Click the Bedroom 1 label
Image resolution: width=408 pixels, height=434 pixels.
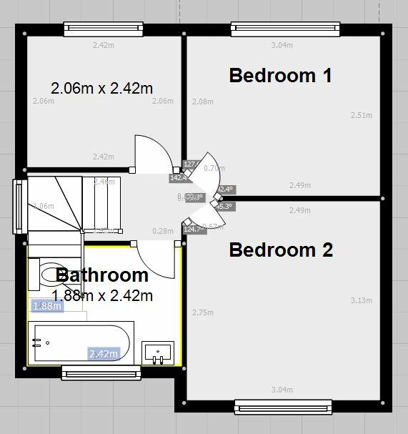[280, 75]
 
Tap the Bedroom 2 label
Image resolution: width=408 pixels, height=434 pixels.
[281, 250]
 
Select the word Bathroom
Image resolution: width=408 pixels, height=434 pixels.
[102, 275]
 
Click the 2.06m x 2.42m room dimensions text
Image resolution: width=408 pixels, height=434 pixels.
[102, 89]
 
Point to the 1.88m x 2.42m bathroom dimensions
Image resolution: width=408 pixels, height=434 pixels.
[102, 295]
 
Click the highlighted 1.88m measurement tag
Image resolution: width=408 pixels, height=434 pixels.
[47, 307]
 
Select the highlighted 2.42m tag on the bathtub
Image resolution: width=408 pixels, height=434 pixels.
[103, 353]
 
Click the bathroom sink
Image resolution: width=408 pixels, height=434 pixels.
[158, 352]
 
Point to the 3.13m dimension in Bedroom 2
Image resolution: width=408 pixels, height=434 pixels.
[362, 300]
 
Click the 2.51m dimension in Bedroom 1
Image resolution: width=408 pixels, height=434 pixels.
[362, 115]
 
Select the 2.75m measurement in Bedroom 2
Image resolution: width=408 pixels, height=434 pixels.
[203, 312]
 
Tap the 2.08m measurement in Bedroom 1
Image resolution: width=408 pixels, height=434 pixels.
[203, 102]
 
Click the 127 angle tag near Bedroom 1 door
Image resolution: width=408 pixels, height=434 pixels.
[191, 164]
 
